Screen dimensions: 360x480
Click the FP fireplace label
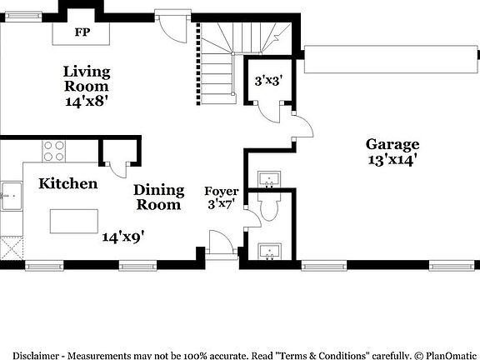coord(82,32)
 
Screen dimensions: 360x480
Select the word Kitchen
coord(68,183)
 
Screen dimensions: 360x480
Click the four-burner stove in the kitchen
coord(54,150)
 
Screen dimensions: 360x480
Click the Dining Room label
coord(157,197)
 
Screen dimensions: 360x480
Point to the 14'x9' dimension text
coord(124,237)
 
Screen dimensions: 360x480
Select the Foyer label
coord(221,191)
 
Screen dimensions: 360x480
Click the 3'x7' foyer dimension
coord(221,203)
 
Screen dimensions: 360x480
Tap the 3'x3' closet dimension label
coord(268,81)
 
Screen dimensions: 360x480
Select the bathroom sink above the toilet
coord(269,178)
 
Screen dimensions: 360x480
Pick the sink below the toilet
coord(269,251)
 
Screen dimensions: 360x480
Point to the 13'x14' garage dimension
coord(392,158)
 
